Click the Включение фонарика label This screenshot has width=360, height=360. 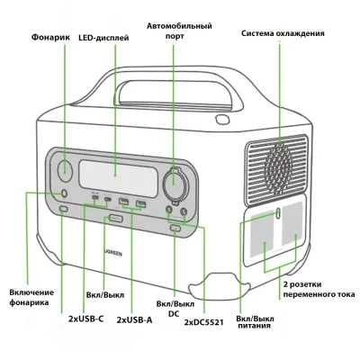tap(31, 297)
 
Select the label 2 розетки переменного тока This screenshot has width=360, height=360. tap(315, 290)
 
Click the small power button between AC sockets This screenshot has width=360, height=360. tap(280, 213)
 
